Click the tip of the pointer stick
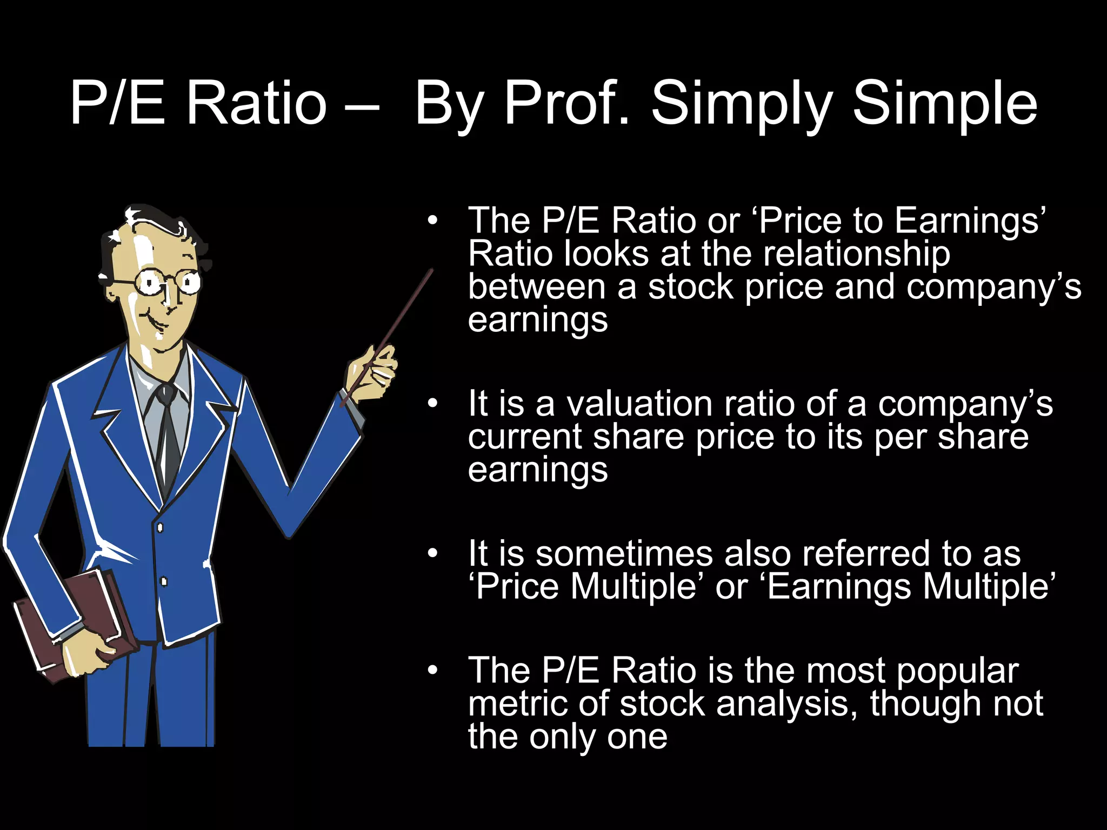(x=431, y=270)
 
